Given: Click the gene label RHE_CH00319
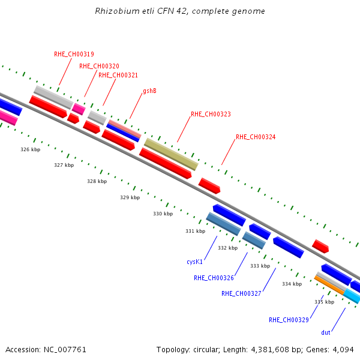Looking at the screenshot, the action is [74, 54].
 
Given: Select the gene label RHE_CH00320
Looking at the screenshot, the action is [99, 67].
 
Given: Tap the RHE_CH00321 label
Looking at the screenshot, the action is [118, 76].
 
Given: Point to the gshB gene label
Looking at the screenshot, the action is [149, 91].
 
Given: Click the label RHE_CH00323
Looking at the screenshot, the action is [211, 115].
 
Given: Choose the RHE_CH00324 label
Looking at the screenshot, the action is [256, 137].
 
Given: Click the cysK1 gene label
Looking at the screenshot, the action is [194, 262].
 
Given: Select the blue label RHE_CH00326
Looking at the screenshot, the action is [214, 278].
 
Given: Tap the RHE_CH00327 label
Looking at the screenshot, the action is [241, 293].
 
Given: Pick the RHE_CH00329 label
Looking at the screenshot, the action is [289, 320].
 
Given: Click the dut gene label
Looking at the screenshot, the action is [326, 332].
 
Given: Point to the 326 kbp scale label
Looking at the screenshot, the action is [31, 149].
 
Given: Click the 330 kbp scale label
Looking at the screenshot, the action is [163, 214].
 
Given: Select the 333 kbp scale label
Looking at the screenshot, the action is [260, 266].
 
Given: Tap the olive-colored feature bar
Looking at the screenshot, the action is [171, 154].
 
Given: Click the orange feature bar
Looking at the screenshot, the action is [329, 286].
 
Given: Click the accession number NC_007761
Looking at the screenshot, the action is [65, 350].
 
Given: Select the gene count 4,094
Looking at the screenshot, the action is [343, 350].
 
